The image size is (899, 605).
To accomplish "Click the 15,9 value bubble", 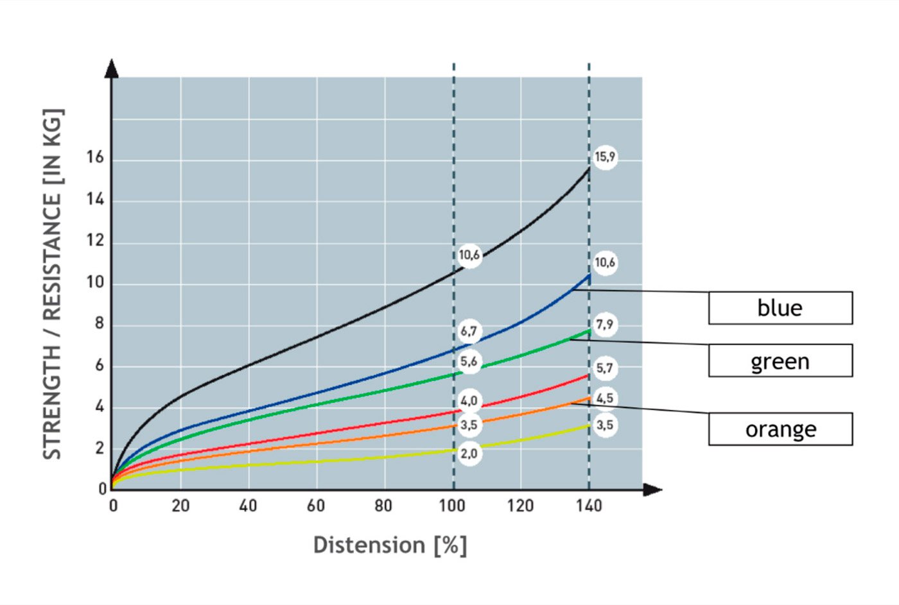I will click(x=605, y=157).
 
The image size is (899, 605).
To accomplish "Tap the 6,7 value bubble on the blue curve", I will click(x=469, y=332).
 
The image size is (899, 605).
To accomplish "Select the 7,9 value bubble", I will click(x=605, y=325).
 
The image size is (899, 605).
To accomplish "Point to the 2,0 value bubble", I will click(x=469, y=454).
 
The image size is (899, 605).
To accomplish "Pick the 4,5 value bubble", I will click(x=605, y=398).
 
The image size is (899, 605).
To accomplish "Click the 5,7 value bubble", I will click(x=605, y=368).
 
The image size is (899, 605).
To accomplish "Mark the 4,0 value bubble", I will click(x=469, y=401).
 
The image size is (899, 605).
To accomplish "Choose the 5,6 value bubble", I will click(x=469, y=362).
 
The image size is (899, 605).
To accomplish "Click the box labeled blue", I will click(x=780, y=308).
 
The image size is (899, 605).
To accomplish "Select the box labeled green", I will click(x=780, y=361).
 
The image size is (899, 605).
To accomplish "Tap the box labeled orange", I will click(x=780, y=429).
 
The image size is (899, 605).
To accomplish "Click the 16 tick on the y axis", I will click(x=95, y=158).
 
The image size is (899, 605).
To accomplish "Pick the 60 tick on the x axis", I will click(x=315, y=506).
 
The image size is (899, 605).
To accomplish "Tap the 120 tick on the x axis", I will click(x=519, y=506).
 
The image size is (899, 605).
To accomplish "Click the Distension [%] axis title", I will click(x=390, y=545).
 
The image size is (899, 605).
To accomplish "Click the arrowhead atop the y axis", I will click(x=112, y=68).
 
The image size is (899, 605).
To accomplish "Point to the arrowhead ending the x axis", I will click(x=652, y=490).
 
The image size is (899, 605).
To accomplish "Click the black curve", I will click(x=321, y=334).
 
